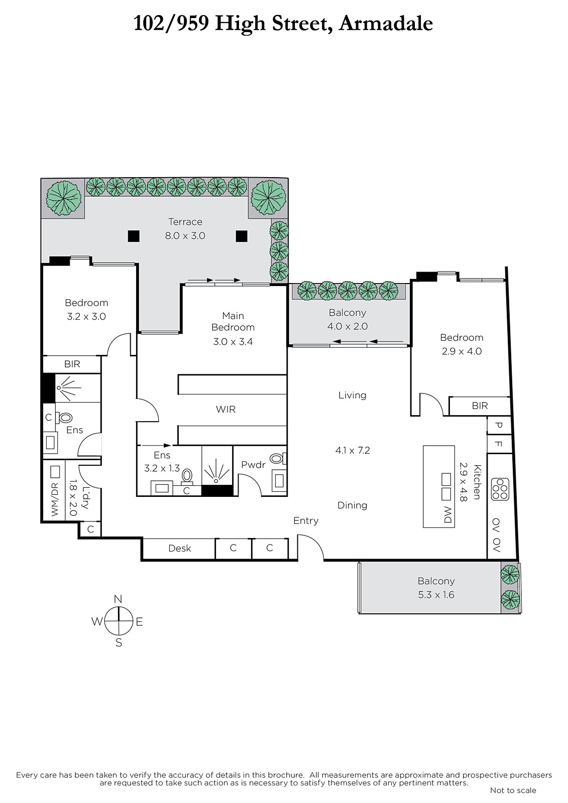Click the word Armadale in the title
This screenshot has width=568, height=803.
[386, 24]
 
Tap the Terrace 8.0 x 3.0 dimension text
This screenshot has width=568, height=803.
[185, 236]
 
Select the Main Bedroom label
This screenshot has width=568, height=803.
[233, 322]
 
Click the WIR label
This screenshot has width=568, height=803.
[225, 410]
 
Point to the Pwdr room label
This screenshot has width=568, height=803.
[253, 465]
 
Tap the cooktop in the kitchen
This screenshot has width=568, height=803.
[500, 489]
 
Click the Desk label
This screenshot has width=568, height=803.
[180, 549]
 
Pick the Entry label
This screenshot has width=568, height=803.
[306, 521]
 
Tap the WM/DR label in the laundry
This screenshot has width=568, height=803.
[55, 499]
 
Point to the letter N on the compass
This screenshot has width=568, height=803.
[118, 599]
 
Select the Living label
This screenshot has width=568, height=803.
[353, 395]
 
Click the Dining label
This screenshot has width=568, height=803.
[353, 505]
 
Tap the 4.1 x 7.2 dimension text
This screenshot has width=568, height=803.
[353, 450]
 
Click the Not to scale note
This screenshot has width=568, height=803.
[513, 790]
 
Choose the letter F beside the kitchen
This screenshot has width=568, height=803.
[498, 444]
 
